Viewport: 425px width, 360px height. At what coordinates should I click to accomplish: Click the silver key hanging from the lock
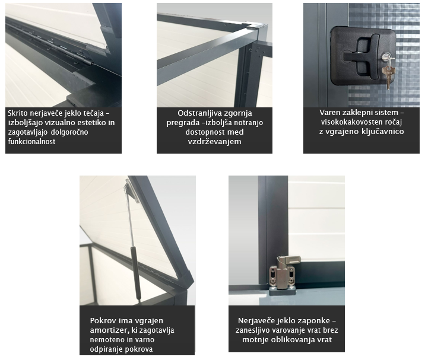pyautogui.click(x=389, y=74)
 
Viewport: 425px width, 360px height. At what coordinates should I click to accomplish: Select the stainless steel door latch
pyautogui.click(x=284, y=273)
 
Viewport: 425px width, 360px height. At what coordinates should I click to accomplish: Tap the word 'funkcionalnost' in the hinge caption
pyautogui.click(x=31, y=141)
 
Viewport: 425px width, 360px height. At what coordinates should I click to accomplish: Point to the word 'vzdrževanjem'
pyautogui.click(x=214, y=141)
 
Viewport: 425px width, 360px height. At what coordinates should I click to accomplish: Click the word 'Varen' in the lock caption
pyautogui.click(x=328, y=113)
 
